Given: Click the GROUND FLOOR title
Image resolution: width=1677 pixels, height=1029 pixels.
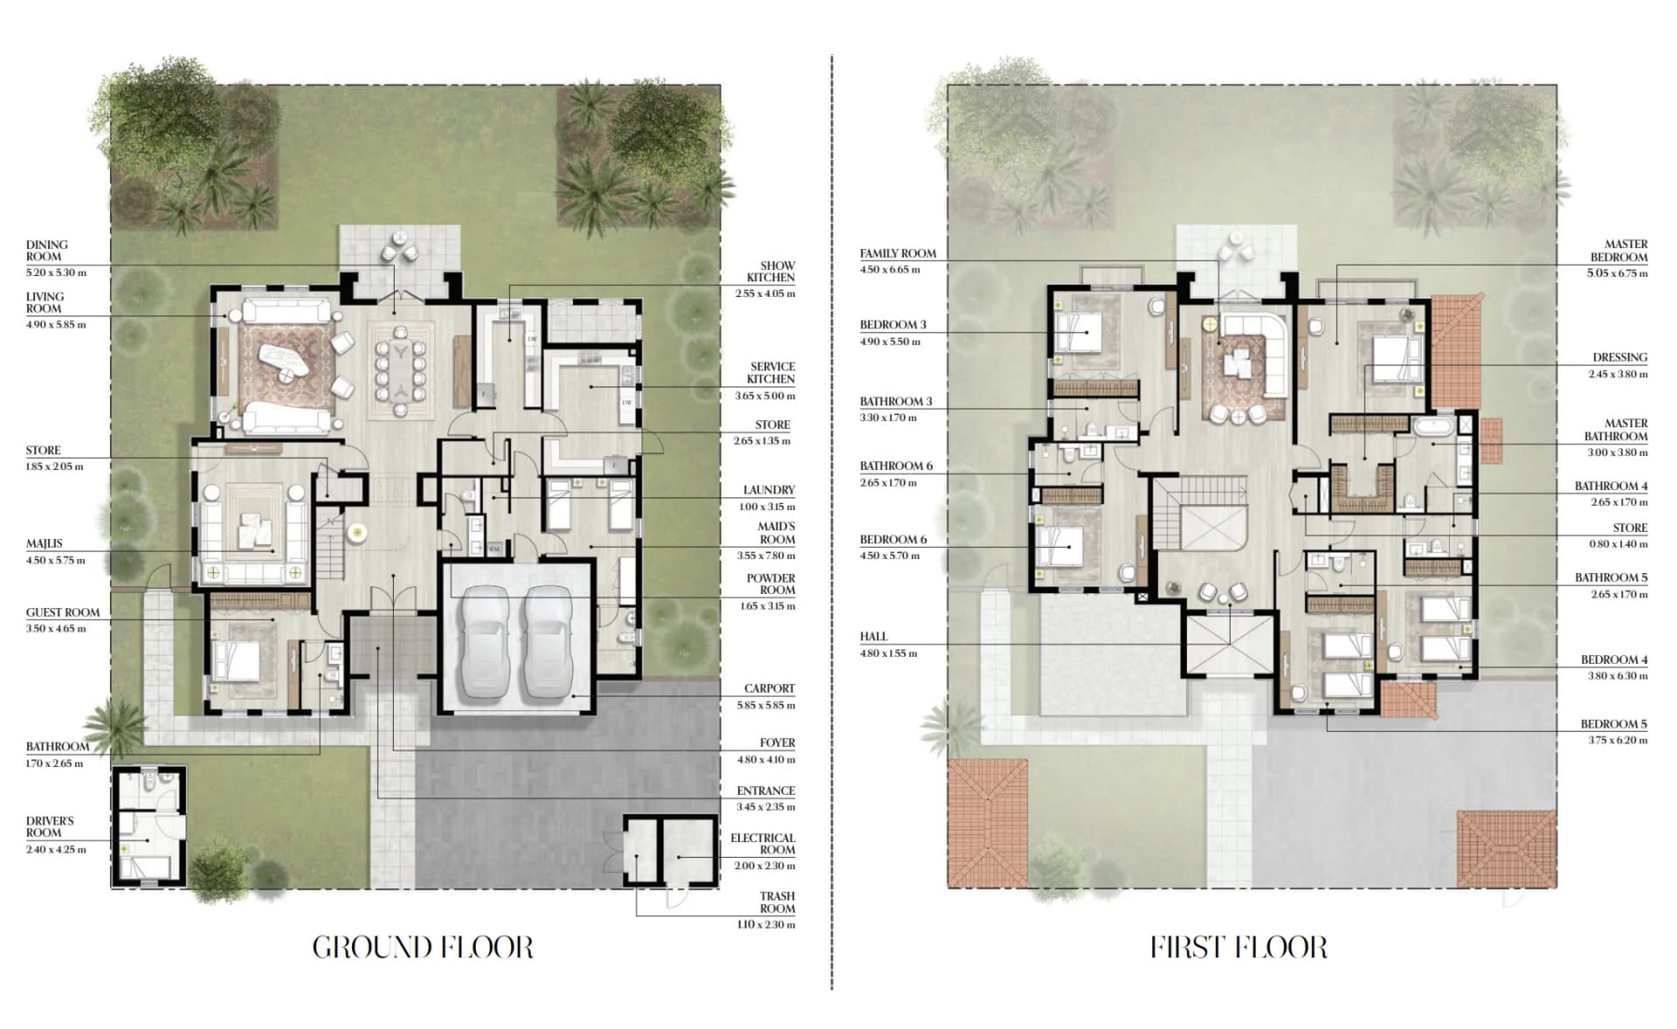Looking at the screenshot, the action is [x=423, y=948].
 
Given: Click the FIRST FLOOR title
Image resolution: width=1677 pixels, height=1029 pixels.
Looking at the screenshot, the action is [x=1239, y=948].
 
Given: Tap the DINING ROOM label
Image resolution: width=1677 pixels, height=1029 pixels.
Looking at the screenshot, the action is [x=46, y=251].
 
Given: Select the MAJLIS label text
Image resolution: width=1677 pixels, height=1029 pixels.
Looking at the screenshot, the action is [x=44, y=543].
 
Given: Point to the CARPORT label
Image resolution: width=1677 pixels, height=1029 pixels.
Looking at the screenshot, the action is [x=769, y=688].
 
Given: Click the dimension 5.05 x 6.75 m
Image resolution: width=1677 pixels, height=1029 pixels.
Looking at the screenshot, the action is [x=1618, y=273].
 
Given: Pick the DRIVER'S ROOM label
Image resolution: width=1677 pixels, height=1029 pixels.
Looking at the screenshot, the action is [x=50, y=827].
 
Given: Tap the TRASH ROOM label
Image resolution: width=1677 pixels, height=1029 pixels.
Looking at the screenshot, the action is [x=776, y=902].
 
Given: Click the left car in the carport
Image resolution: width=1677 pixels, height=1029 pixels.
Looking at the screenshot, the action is [x=485, y=641].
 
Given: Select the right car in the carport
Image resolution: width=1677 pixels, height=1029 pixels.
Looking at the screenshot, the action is [x=547, y=641].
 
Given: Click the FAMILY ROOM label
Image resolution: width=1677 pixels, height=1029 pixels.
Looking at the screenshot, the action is [x=898, y=253].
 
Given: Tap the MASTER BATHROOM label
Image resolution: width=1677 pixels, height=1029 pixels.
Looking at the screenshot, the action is [x=1616, y=430].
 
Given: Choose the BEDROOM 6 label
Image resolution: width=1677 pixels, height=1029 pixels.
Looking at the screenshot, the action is [x=894, y=540].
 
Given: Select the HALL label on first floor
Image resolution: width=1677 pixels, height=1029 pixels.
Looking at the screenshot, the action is [x=873, y=637].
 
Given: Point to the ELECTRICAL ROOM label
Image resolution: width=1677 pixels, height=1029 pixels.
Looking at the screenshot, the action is [x=763, y=844].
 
